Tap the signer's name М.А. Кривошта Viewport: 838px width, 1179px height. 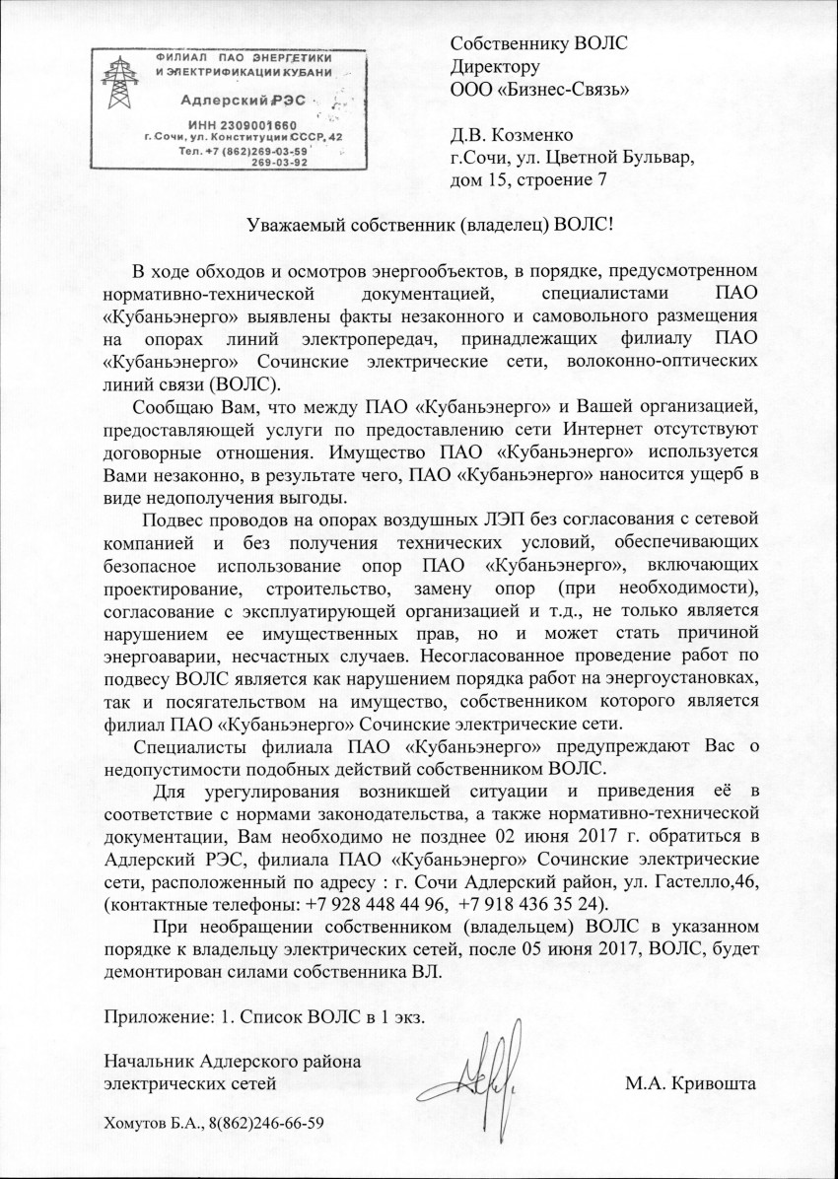pos(690,1085)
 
